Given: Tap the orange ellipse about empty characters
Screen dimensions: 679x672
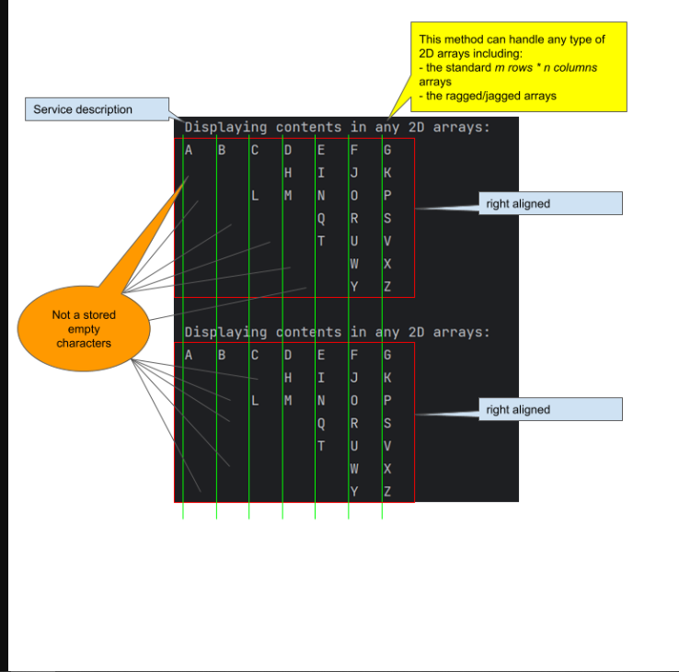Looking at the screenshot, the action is point(84,329).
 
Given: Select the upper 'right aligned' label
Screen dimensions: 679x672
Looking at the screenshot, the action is point(549,203).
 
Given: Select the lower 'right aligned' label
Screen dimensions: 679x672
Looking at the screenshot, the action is point(549,409).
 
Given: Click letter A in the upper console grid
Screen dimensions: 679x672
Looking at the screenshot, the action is point(189,149).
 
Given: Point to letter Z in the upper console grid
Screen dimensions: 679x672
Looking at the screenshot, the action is point(387,287).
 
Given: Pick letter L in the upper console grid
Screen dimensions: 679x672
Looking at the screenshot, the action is point(255,195).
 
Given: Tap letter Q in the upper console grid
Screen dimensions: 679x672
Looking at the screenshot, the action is point(321,218).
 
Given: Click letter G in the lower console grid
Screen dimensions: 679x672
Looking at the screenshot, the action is point(387,354).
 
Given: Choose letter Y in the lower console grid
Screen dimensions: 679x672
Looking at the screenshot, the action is point(354,492).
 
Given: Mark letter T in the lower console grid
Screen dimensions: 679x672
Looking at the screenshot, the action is point(321,446).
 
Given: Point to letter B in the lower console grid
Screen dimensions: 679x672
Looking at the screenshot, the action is point(222,354).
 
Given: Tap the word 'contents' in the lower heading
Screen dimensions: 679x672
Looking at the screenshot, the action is point(308,332).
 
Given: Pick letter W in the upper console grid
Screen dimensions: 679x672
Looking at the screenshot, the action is point(354,264).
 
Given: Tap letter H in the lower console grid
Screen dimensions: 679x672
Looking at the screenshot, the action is point(288,377).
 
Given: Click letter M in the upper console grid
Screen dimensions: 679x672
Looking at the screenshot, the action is point(288,195).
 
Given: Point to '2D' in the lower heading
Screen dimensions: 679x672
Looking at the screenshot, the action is point(416,332).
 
